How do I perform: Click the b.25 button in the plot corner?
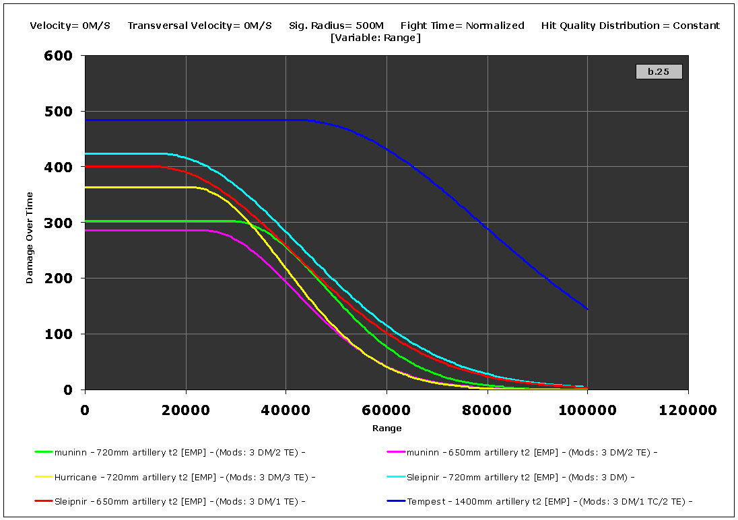659,71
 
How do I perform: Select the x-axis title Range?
387,428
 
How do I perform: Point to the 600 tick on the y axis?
59,56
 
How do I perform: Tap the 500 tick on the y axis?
59,112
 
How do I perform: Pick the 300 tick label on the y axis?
59,223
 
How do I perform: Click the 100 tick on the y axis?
59,334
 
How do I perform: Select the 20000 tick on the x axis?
185,408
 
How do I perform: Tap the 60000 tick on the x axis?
387,408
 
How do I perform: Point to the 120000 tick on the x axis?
687,408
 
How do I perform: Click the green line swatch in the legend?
43,452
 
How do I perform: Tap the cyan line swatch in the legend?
396,477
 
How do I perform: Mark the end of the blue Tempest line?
588,309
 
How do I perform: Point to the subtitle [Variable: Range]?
376,38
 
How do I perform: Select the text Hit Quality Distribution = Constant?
630,26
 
